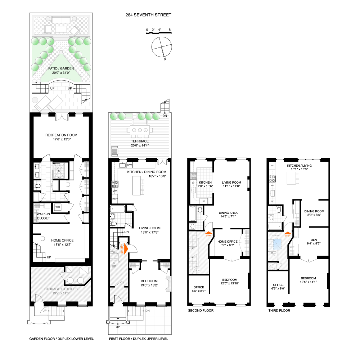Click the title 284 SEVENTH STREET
click(148, 15)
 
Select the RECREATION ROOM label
click(61, 135)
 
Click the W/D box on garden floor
click(58, 207)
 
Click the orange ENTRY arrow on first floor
click(122, 248)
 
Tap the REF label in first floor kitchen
click(115, 198)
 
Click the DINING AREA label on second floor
click(228, 212)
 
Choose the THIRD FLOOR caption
click(279, 310)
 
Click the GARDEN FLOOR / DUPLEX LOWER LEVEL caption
click(61, 339)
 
